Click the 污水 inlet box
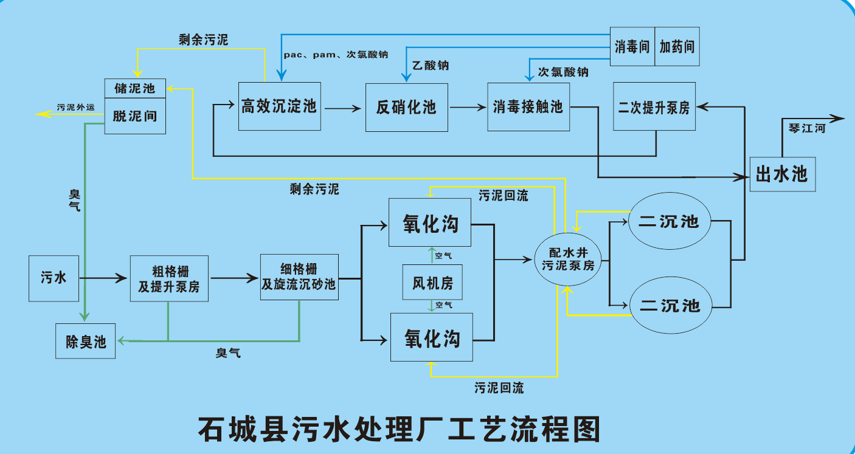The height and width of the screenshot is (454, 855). [x=54, y=278]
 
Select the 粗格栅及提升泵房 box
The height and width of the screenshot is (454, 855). [x=168, y=278]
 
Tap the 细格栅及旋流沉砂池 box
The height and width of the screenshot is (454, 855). [x=299, y=277]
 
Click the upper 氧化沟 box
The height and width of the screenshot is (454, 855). [x=431, y=223]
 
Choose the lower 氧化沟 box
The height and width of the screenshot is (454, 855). [x=432, y=337]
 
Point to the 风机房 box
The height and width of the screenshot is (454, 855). [x=432, y=282]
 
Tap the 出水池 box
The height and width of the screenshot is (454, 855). [x=781, y=174]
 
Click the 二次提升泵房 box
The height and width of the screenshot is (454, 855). [x=654, y=107]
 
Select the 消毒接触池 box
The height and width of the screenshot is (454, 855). [x=528, y=107]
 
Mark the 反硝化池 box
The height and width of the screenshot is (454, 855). [x=406, y=108]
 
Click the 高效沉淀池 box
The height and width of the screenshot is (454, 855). [x=279, y=106]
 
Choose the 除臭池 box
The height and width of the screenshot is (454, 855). [x=86, y=341]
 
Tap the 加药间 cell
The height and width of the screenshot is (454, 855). [x=677, y=47]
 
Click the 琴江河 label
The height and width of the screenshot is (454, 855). [x=807, y=128]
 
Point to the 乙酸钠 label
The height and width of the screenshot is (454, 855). [x=431, y=65]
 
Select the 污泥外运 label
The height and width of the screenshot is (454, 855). [x=76, y=107]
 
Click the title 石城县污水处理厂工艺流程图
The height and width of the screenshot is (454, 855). [x=399, y=429]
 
